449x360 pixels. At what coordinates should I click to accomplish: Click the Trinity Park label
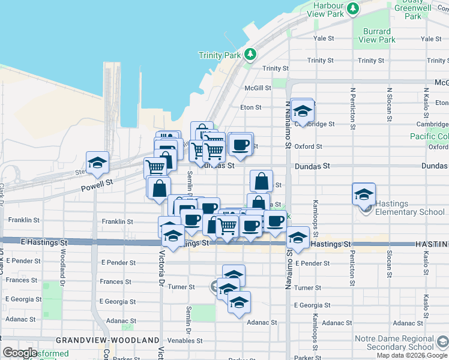[223, 56]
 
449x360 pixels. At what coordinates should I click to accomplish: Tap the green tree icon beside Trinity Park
[250, 55]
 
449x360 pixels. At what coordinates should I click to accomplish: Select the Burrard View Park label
[378, 35]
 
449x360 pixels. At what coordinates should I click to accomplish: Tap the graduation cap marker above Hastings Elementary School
[364, 195]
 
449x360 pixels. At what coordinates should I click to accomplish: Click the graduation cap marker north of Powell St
[97, 163]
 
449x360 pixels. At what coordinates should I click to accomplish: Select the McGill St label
[258, 88]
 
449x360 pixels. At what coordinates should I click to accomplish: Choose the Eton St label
[250, 107]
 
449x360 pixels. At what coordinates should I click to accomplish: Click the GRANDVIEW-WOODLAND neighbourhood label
[108, 340]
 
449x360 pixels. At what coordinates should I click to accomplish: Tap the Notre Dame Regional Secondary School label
[394, 343]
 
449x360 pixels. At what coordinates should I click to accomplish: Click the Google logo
[20, 353]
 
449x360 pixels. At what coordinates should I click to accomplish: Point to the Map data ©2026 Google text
[412, 355]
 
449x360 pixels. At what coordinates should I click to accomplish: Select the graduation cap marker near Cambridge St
[303, 111]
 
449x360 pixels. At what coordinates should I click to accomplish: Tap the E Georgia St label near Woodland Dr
[22, 299]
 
